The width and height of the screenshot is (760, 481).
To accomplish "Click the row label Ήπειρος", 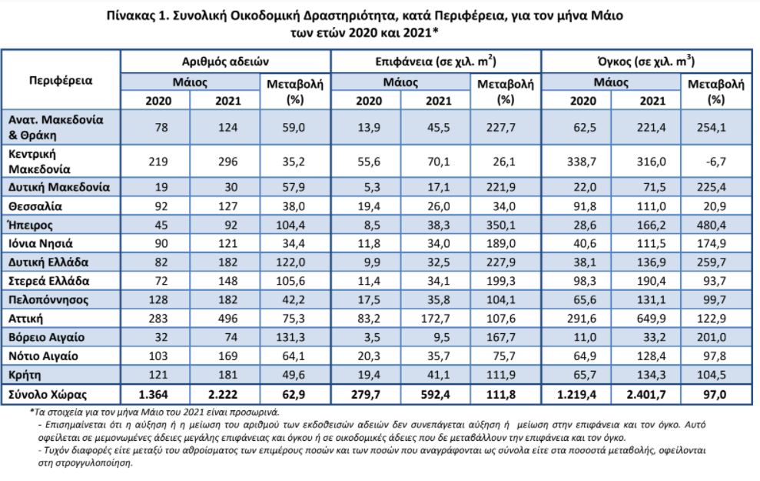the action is coord(30,225).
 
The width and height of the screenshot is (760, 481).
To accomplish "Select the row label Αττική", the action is coord(25,319).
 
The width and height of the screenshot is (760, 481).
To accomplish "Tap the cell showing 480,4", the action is coord(711,225).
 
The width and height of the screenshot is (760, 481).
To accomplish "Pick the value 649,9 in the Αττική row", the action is coord(651,319).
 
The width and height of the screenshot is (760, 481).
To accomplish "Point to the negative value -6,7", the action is coord(715,162).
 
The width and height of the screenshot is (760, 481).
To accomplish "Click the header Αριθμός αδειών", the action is coord(225,62).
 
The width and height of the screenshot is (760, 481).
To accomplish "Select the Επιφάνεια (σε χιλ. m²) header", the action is coord(436,61).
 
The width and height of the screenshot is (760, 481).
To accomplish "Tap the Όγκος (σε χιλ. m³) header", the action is coord(646,61).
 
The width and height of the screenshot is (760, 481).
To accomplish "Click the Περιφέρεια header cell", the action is coord(61,80).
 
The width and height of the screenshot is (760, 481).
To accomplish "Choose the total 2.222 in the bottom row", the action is coord(223,395).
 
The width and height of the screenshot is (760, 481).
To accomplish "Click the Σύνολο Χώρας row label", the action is coord(48,395).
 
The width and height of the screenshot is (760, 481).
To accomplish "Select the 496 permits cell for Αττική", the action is coord(227,319).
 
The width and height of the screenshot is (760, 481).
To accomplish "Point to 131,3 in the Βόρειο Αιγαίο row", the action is coord(290,337).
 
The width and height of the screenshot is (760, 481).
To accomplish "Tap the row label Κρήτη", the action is coord(25,376).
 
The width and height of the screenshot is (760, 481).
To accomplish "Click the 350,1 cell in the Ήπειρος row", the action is coord(501,225).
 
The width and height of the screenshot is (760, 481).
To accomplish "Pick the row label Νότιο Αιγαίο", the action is coord(43,356).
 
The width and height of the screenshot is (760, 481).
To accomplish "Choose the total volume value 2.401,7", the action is coord(646,395).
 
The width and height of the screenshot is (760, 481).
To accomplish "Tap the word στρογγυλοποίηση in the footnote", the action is coord(85,463).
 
